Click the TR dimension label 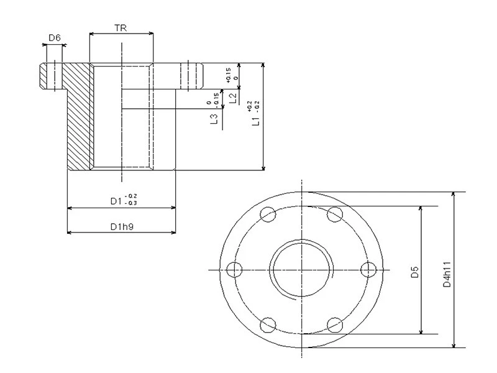tap(122, 28)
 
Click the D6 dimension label tap(55, 39)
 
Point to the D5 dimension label tap(414, 271)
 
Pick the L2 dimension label tap(232, 98)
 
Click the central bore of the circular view tap(302, 269)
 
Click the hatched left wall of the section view tap(79, 118)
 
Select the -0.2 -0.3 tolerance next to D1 tap(131, 200)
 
